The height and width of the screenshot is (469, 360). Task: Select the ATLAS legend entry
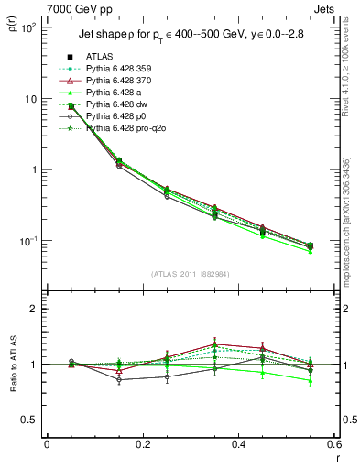click(102, 57)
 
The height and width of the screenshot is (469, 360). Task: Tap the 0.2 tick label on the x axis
click(143, 444)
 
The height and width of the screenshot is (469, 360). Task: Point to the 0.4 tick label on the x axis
click(239, 444)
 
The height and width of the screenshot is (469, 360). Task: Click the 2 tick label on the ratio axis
click(35, 309)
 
